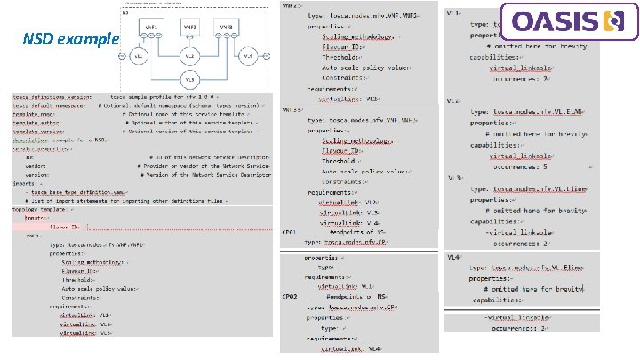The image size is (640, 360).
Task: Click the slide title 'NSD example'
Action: click(72, 40)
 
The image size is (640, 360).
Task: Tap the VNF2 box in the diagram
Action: click(189, 29)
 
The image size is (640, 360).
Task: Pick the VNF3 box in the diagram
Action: click(226, 30)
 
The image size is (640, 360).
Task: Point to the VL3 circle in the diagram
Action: click(188, 80)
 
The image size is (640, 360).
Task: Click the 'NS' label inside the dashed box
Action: click(125, 14)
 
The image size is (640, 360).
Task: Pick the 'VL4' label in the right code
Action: click(453, 256)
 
